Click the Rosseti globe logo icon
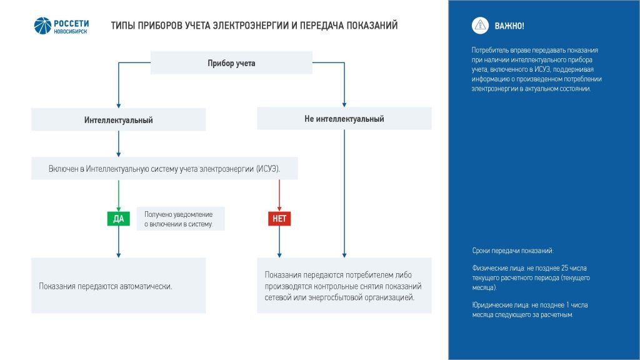click(x=42, y=26)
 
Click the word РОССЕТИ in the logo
click(x=71, y=24)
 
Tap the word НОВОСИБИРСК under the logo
click(x=70, y=31)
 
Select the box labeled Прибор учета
click(x=231, y=63)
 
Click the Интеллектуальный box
click(x=118, y=119)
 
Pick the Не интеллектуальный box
click(x=344, y=118)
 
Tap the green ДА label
click(x=118, y=219)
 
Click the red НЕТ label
click(x=279, y=219)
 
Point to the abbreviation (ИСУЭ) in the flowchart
click(x=268, y=169)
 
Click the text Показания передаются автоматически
click(x=105, y=286)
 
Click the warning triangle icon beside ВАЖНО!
click(x=481, y=26)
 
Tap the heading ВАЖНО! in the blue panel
click(x=509, y=26)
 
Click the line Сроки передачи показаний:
click(x=512, y=251)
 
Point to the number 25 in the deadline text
click(x=565, y=268)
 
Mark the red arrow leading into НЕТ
click(x=279, y=196)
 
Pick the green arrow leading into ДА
click(x=118, y=196)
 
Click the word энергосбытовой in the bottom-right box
click(x=335, y=297)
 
